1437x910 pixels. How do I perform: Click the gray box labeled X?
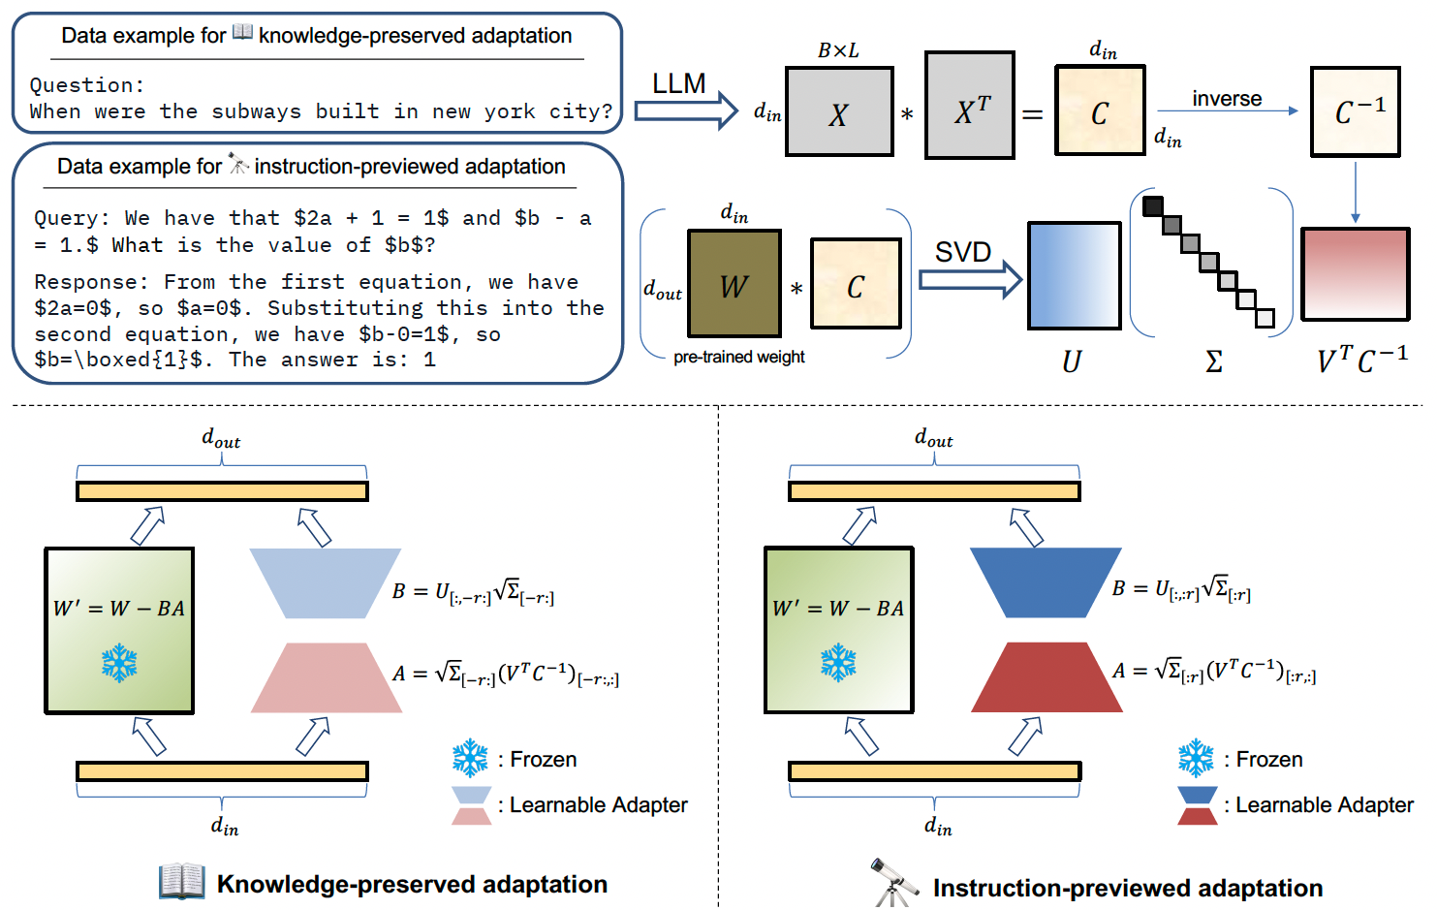839,111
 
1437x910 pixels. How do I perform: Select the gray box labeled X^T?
970,106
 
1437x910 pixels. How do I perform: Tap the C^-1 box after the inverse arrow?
1355,111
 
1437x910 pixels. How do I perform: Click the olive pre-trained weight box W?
734,283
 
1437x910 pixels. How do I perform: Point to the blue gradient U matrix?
1074,275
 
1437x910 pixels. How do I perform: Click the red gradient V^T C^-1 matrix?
1355,273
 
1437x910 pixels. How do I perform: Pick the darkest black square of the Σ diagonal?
1152,205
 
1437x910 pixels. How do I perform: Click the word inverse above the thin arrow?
1227,99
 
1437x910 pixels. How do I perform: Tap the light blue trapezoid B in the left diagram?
325,582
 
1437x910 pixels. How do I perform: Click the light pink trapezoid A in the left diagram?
326,677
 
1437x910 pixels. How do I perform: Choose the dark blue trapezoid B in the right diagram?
1046,582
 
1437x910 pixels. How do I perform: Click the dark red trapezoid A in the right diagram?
1047,677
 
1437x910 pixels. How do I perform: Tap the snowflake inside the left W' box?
119,663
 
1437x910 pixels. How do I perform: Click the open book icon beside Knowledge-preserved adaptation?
182,881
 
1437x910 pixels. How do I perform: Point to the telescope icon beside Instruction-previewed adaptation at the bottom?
892,882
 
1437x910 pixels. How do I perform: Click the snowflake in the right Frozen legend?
1196,759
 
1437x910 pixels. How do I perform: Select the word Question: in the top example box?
86,85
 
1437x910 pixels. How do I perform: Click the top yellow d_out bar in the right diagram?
934,491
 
